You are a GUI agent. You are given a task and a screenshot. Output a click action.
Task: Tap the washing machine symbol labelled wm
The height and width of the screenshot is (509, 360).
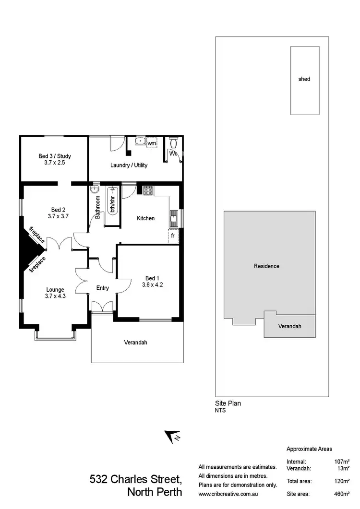tap(152, 143)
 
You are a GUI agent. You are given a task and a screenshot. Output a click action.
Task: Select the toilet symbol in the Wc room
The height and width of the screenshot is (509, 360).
tap(174, 142)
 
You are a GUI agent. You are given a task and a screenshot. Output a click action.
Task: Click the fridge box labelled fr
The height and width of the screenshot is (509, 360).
tap(172, 237)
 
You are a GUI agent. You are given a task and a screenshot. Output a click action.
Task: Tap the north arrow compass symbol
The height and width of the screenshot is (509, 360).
tap(171, 436)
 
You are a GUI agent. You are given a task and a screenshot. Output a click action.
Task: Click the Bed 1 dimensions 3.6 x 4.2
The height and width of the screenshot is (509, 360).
tap(153, 284)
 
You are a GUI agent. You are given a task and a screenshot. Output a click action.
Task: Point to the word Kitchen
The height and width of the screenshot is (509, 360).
tap(146, 218)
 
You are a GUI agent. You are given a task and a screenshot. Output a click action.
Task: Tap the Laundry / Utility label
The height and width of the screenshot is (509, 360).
tap(129, 165)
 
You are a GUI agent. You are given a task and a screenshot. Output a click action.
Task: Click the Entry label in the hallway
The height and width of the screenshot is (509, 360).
tap(103, 288)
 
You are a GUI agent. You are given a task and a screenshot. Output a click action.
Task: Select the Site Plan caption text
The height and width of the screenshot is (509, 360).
tap(228, 403)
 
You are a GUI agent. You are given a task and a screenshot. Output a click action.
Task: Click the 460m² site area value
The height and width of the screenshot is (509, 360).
tap(342, 494)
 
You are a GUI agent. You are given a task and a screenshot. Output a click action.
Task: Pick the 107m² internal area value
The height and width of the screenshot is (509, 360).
tap(342, 462)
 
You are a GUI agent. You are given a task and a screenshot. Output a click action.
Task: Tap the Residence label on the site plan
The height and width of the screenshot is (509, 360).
tap(266, 266)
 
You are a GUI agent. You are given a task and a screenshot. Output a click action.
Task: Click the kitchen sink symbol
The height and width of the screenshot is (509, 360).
tap(174, 219)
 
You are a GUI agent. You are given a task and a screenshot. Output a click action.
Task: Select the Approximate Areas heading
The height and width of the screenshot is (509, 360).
tap(309, 449)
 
